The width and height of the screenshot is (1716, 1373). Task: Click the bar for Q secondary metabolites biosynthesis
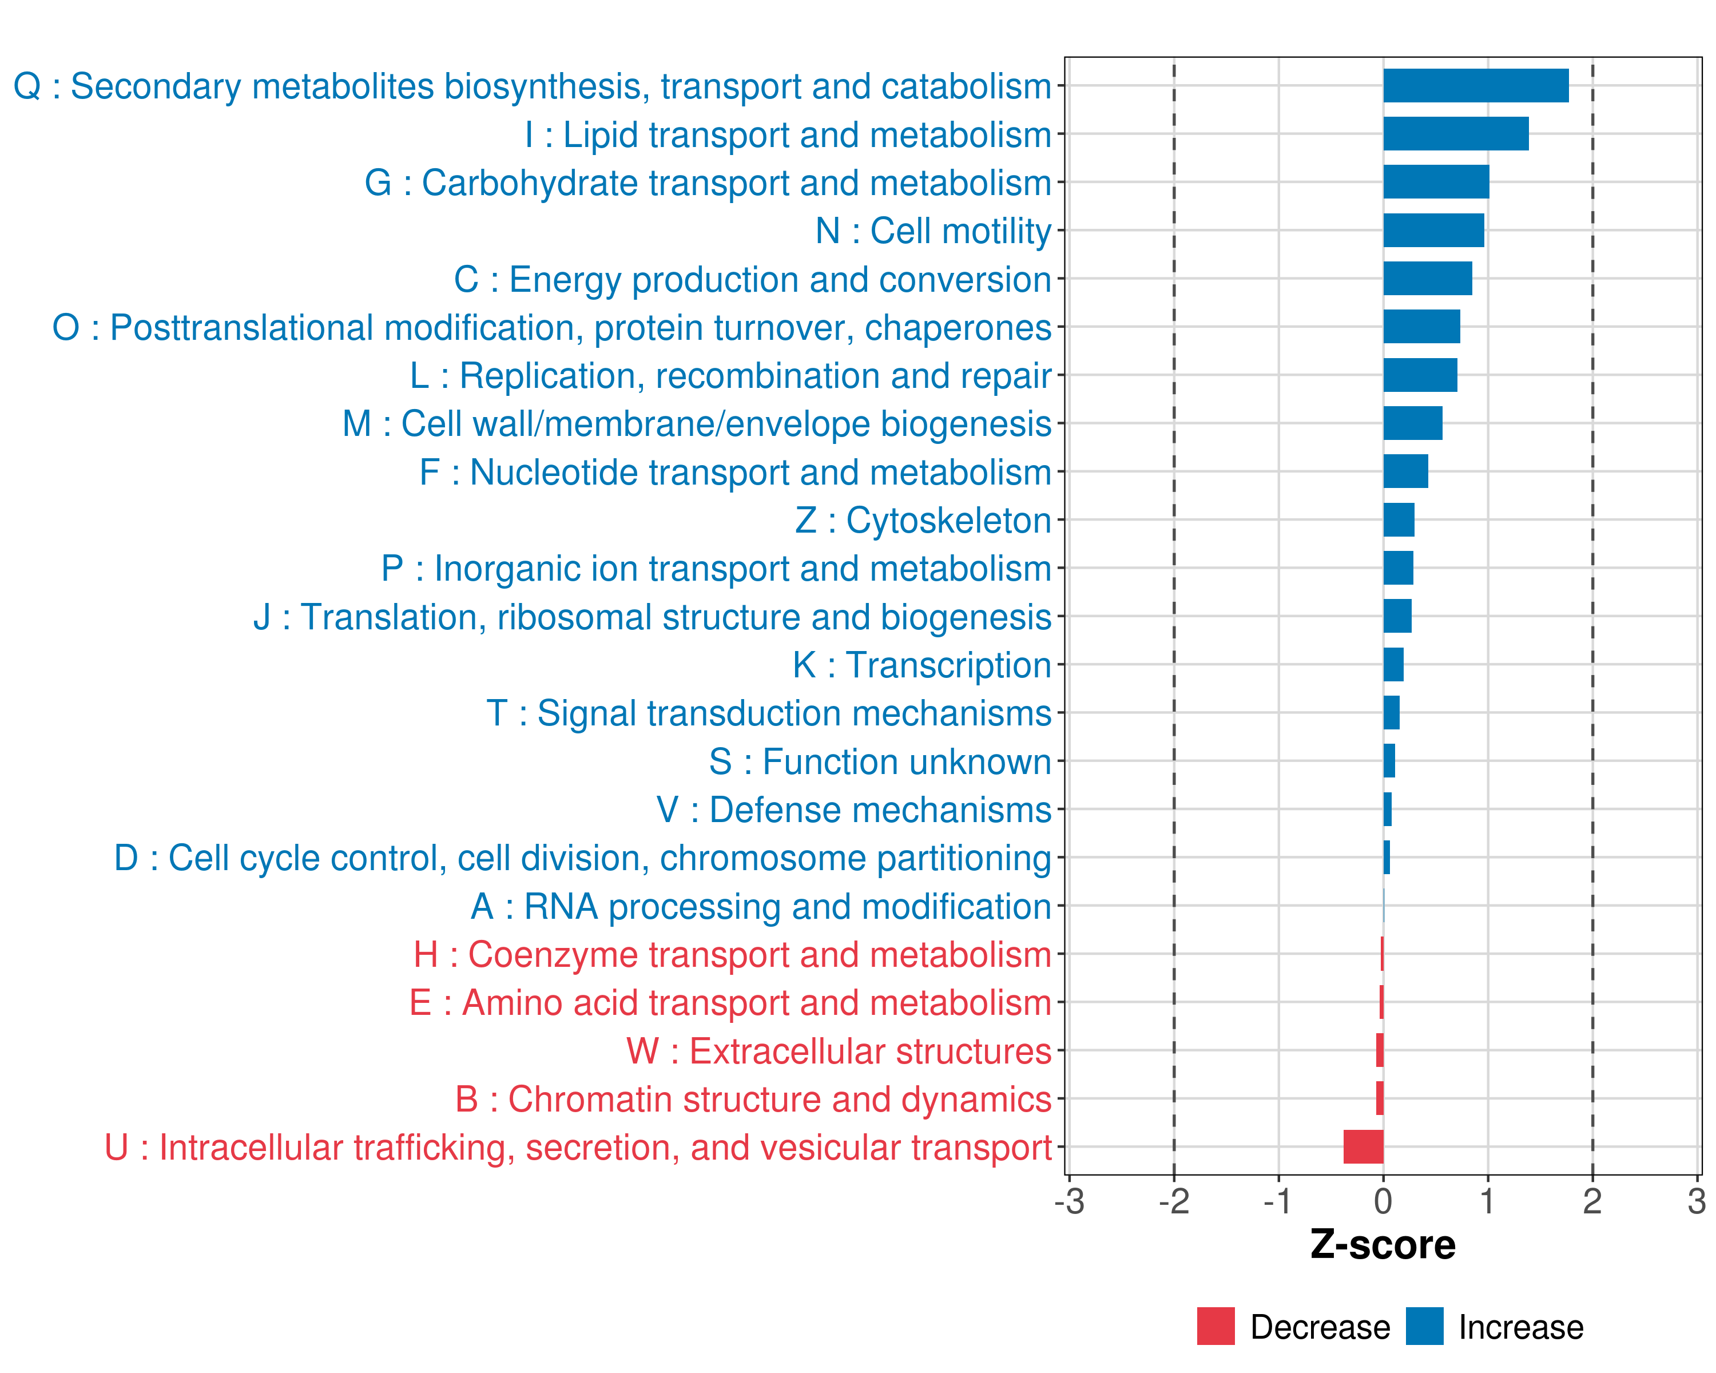(x=1476, y=85)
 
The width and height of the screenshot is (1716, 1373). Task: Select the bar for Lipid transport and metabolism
(x=1456, y=134)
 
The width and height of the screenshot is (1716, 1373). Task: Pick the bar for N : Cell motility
(x=1433, y=230)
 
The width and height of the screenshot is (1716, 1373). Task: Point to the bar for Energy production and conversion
(x=1428, y=279)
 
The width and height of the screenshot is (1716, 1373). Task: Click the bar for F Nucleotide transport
(x=1405, y=471)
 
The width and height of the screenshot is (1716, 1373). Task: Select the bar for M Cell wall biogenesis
(x=1413, y=423)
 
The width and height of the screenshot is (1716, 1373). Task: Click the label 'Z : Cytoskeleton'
(x=923, y=521)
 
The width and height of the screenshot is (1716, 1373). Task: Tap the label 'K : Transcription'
(x=921, y=665)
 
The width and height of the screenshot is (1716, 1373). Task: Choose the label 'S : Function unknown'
(x=880, y=761)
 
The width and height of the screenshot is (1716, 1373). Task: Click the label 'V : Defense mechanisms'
(x=854, y=810)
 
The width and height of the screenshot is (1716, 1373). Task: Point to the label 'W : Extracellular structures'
(x=839, y=1051)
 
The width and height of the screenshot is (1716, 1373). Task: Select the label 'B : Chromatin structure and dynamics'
(x=753, y=1099)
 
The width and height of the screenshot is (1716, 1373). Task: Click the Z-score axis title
(x=1383, y=1245)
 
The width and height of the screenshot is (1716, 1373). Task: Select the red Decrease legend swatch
(x=1215, y=1326)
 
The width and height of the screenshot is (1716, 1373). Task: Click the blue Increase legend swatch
(x=1424, y=1326)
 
